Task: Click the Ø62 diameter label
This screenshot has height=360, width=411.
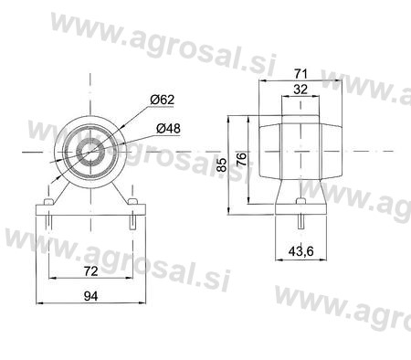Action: tap(163, 100)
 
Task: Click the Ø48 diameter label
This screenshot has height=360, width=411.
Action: tap(168, 128)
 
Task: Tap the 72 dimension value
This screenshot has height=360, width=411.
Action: tap(90, 270)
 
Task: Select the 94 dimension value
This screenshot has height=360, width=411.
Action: tap(90, 296)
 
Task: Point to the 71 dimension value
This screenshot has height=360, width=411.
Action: tap(300, 73)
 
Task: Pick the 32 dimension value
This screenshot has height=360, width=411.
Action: tap(300, 90)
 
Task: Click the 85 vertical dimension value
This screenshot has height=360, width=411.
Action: tap(223, 164)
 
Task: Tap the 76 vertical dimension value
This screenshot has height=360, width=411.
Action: tap(241, 159)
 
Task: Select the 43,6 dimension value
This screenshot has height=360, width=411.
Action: tap(300, 251)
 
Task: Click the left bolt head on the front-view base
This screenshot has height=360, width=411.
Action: tap(48, 202)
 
